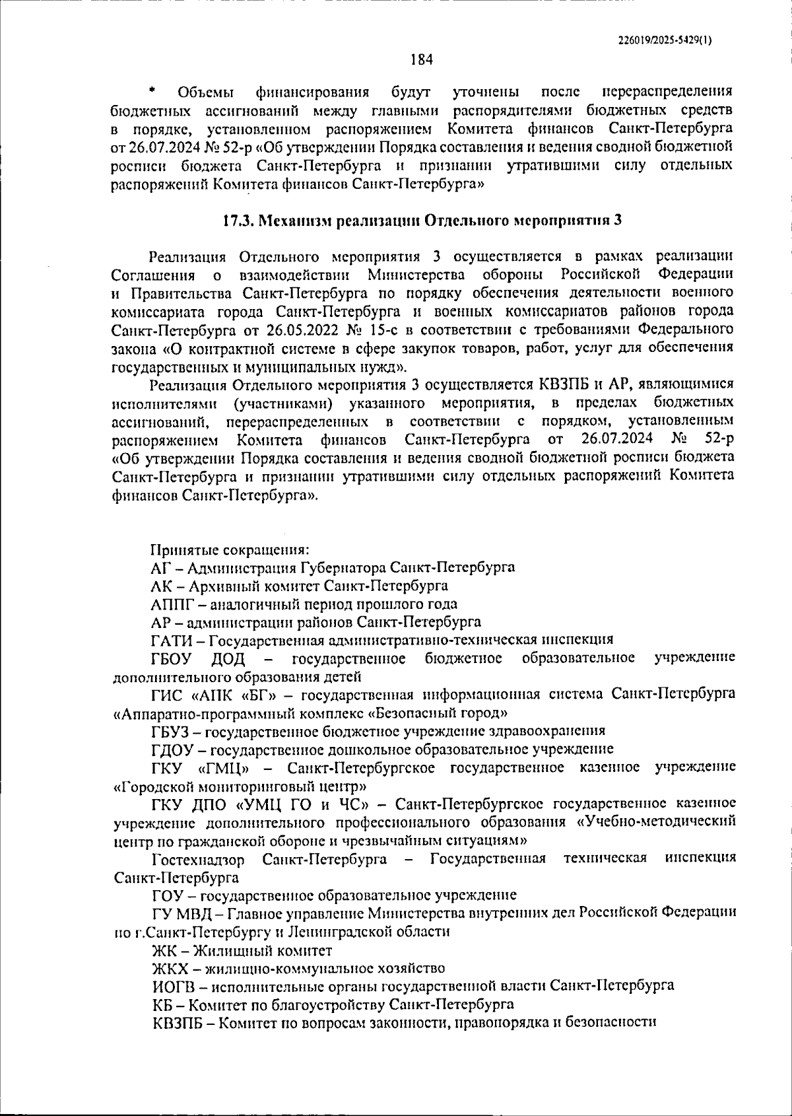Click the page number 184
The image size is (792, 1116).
click(x=421, y=60)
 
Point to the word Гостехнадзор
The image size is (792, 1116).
click(x=198, y=859)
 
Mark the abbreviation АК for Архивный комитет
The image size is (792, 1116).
click(x=162, y=586)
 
